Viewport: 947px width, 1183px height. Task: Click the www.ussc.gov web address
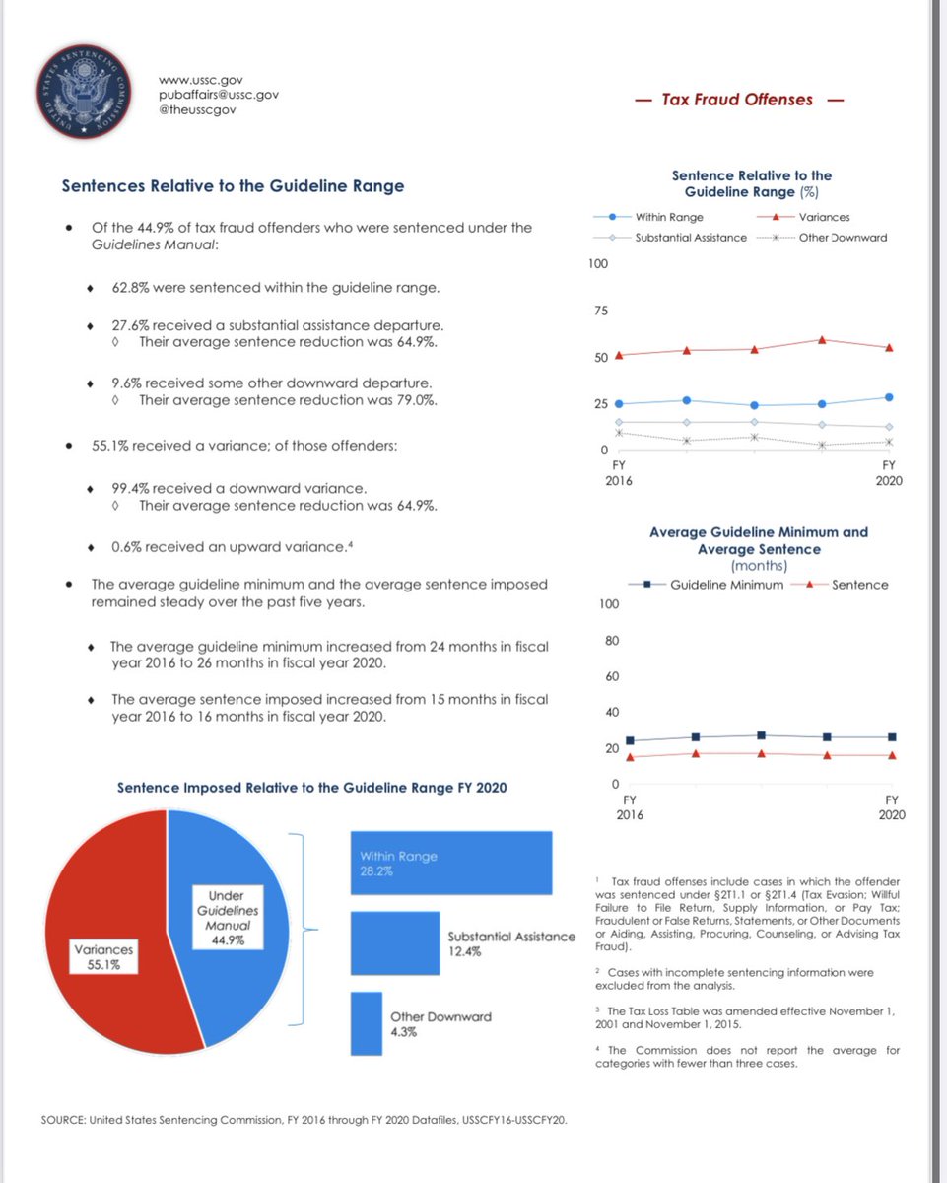(x=201, y=79)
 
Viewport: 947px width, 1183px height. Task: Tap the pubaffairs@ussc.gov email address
(x=219, y=95)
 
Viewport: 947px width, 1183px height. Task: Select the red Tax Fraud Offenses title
(x=737, y=100)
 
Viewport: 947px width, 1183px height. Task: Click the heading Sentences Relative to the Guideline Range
(x=233, y=185)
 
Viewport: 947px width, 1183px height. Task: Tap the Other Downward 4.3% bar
(x=366, y=1022)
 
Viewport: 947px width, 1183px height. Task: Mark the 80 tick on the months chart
(x=610, y=641)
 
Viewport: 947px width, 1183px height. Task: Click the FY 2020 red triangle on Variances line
(x=889, y=348)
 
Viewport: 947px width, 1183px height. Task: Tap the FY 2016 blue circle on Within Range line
(x=619, y=404)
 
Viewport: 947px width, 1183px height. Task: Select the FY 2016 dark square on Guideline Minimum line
(x=630, y=740)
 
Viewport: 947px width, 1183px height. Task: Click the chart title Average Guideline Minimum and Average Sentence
(x=758, y=540)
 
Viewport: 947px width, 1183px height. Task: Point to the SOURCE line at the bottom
(x=304, y=1121)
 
